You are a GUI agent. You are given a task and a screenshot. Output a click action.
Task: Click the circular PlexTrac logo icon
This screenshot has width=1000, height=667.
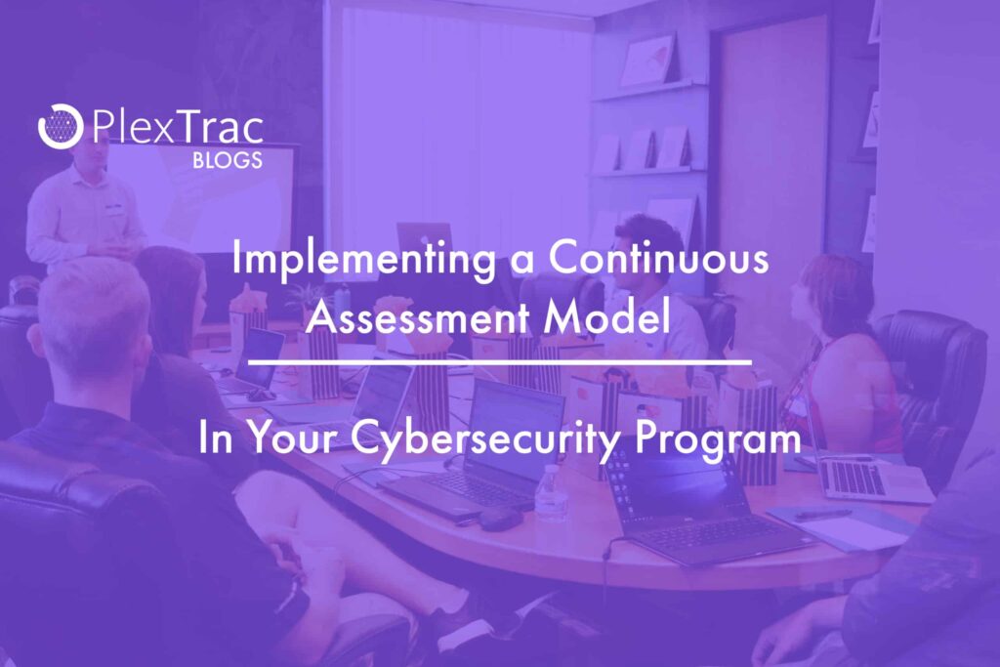[x=61, y=126]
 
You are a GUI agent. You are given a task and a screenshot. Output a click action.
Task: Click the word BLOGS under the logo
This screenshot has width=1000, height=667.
[x=227, y=160]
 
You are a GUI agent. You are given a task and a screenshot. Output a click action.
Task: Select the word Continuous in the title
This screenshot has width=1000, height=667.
[x=658, y=258]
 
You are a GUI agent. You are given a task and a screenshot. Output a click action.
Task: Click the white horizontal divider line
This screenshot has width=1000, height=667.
[x=499, y=362]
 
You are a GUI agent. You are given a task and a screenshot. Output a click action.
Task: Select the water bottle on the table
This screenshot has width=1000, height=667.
[x=551, y=493]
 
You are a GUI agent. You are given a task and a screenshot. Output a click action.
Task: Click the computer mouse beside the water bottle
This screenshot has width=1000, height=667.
[x=500, y=520]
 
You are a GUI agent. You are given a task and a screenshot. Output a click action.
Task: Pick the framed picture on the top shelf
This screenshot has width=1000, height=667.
[x=648, y=59]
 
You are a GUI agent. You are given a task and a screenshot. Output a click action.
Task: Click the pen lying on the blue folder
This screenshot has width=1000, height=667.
[x=822, y=514]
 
